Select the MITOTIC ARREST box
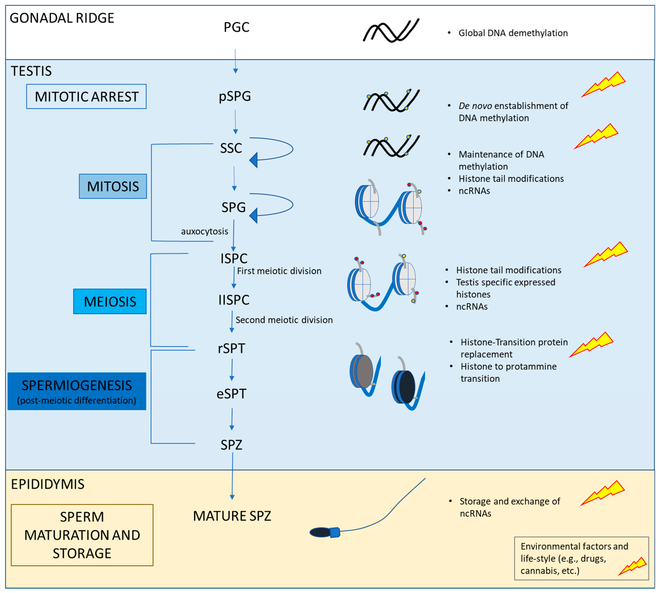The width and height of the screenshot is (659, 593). tap(86, 96)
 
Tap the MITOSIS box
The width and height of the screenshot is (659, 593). tap(113, 186)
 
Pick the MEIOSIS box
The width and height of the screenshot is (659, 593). tap(110, 301)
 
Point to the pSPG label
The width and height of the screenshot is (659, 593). tap(235, 96)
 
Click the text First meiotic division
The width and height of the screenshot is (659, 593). tap(279, 271)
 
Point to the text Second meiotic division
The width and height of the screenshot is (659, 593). tap(284, 320)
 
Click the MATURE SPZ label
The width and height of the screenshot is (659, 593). tap(232, 516)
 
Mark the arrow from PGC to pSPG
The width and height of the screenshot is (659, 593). tap(235, 61)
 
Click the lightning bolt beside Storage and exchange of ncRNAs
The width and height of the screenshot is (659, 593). tap(602, 493)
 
